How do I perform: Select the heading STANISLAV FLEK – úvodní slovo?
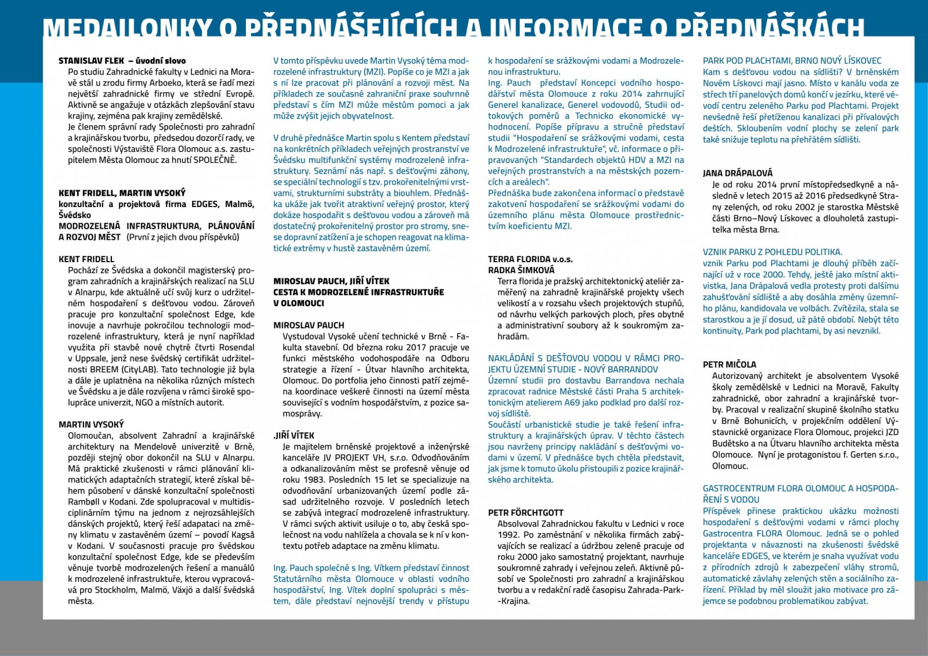(x=122, y=60)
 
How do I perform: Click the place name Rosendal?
(x=236, y=347)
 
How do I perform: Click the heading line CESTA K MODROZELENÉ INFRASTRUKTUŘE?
(x=358, y=292)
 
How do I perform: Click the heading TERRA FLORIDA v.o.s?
(x=530, y=259)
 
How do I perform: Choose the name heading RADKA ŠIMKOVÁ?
(x=521, y=270)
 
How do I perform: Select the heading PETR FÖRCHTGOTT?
(x=525, y=513)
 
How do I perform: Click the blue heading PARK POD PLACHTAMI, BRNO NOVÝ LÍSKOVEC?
(x=792, y=60)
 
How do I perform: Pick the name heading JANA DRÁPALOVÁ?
(x=737, y=173)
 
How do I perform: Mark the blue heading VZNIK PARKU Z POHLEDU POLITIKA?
(x=772, y=252)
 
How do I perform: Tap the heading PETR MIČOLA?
(x=729, y=365)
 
